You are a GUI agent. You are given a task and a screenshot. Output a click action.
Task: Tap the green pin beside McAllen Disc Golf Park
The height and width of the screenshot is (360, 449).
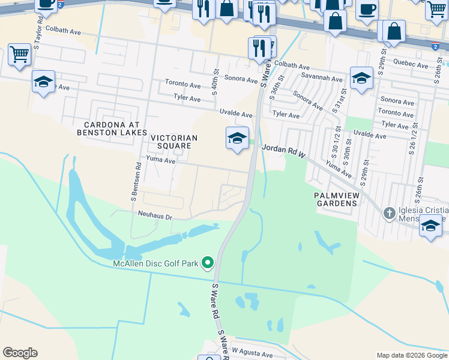(x=208, y=263)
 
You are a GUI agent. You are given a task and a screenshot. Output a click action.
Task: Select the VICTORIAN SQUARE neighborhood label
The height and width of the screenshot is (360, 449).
(x=173, y=142)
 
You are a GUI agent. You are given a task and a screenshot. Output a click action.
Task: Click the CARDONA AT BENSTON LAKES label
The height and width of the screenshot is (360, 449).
(x=111, y=128)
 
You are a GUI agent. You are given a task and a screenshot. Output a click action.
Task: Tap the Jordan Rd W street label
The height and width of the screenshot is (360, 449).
(x=285, y=150)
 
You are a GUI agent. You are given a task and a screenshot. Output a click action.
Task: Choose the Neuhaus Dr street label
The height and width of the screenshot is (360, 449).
(x=153, y=217)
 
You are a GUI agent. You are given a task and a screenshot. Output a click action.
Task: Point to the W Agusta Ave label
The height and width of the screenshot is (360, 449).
(x=252, y=354)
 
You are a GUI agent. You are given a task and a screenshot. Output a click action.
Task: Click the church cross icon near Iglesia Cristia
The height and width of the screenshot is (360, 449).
(x=389, y=213)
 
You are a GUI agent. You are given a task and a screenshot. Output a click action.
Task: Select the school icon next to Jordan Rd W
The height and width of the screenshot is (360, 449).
(x=237, y=139)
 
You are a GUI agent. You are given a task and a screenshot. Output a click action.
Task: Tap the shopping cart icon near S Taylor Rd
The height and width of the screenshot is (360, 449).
(x=19, y=55)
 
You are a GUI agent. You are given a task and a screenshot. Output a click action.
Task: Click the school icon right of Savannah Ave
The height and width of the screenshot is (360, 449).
(x=361, y=78)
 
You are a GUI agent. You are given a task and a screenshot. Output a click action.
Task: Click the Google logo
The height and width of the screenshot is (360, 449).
(x=20, y=353)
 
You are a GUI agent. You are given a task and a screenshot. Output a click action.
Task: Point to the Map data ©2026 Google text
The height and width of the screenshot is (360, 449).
(x=412, y=355)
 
